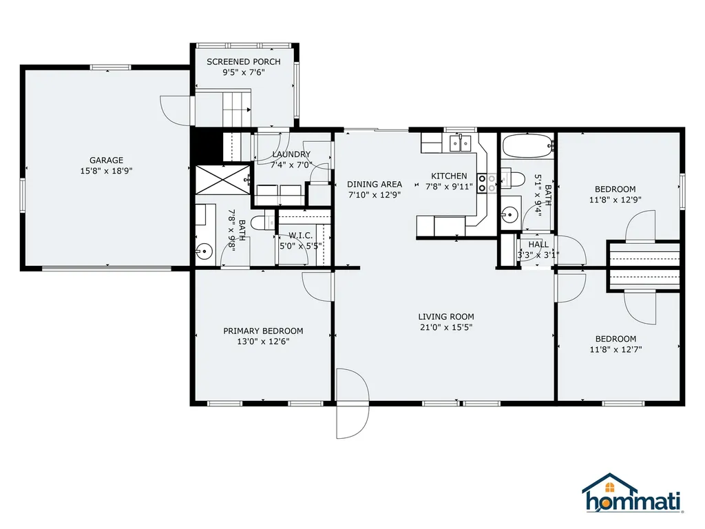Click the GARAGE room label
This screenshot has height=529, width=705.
pos(106,160)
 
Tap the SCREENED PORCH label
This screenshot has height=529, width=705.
pos(244,61)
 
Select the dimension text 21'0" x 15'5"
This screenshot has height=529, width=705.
pos(446,327)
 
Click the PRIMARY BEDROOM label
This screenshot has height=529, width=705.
pos(263,331)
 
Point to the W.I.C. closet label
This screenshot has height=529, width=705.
pos(300,236)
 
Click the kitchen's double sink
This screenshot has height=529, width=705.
pos(461,143)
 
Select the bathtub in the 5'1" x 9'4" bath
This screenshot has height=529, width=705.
pos(527,146)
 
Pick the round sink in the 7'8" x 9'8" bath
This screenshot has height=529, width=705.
pos(204,251)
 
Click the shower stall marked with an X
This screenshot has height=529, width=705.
pos(222,180)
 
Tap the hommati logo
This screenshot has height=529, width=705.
pos(633,493)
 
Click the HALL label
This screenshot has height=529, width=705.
pos(538,245)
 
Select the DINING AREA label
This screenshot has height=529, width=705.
pos(375,184)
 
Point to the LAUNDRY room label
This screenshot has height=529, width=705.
pos(291,154)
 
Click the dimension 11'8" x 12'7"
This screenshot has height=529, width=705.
pos(615,349)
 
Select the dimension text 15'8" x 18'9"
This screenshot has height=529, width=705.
pos(106,171)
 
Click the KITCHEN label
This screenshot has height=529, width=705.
pos(449,176)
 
